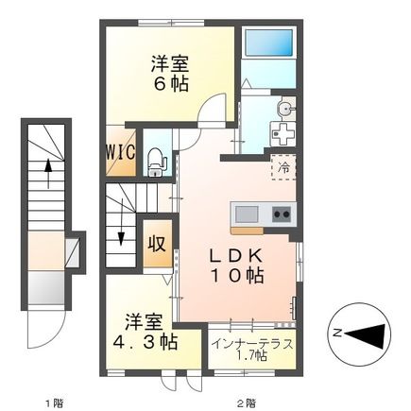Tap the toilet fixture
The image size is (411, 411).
(158, 161)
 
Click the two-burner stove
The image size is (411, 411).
(282, 213)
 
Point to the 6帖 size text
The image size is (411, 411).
(171, 83)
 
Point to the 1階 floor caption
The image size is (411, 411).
(53, 400)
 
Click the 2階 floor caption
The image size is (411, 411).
(247, 400)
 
